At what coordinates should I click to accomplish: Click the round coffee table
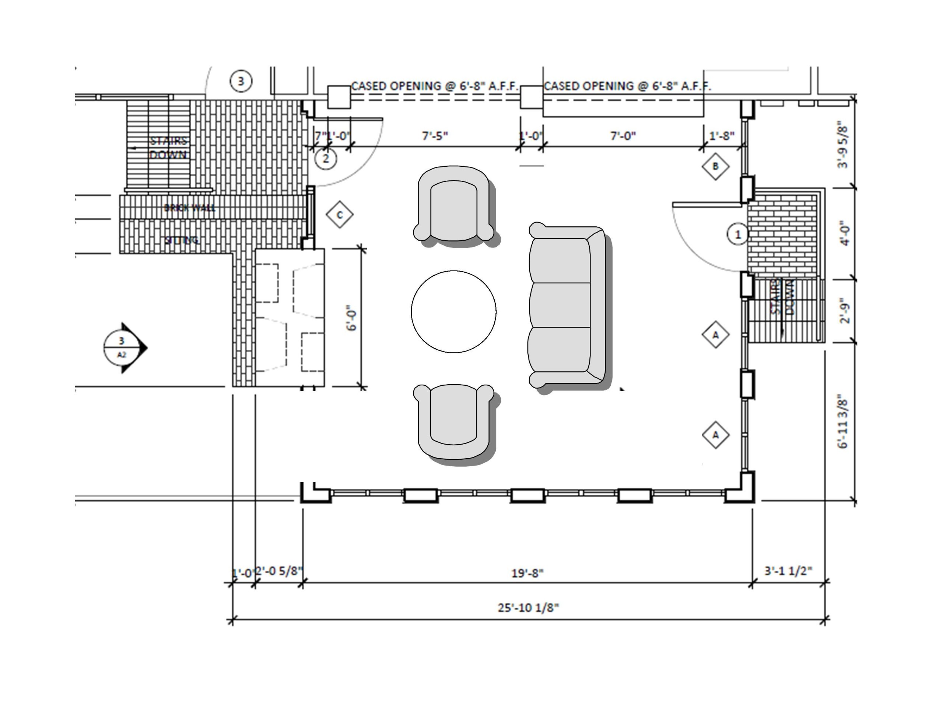(x=453, y=312)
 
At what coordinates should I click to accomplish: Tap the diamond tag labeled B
(x=715, y=166)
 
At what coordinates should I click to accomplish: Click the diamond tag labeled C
(x=340, y=215)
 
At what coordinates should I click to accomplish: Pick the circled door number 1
(x=737, y=234)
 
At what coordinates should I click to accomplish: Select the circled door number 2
(x=326, y=158)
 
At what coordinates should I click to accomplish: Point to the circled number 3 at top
(x=241, y=81)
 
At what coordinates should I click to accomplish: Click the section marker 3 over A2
(x=122, y=347)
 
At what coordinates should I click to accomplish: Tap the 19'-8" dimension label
(x=527, y=573)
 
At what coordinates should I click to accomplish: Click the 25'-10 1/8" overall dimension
(x=528, y=608)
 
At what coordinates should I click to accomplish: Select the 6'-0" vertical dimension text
(x=352, y=318)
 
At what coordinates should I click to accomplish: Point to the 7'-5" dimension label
(x=435, y=136)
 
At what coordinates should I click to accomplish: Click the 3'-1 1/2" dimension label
(x=788, y=571)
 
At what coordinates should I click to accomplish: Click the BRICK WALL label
(x=190, y=208)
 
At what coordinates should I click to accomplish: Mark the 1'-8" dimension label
(x=722, y=136)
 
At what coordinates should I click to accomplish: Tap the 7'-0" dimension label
(x=623, y=136)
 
